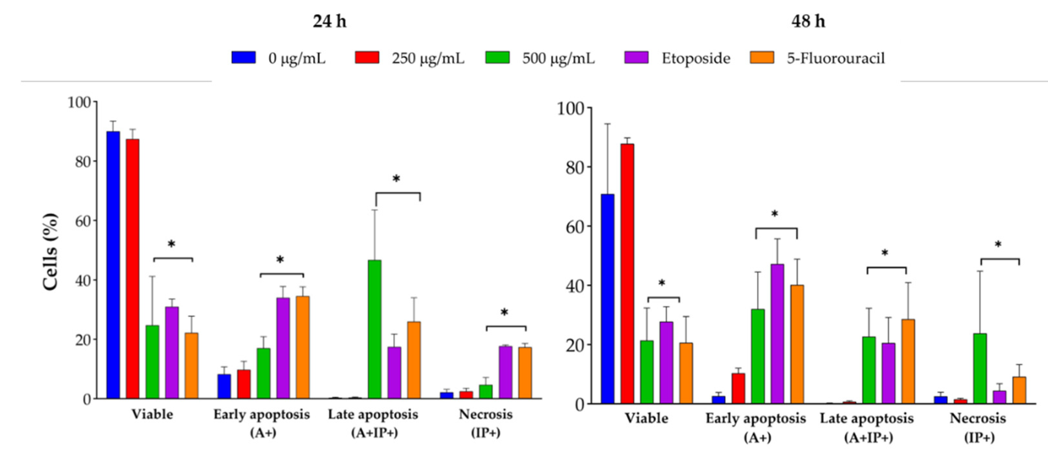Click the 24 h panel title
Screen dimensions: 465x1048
point(329,21)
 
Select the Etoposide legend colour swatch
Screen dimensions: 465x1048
point(636,57)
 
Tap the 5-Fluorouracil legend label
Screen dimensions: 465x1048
point(835,58)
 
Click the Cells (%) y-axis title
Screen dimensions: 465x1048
point(51,252)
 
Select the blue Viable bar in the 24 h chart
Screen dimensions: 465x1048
point(113,264)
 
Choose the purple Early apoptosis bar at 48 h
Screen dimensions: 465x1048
point(777,334)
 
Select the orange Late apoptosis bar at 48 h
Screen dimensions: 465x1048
point(908,361)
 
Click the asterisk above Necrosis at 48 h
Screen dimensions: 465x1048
point(998,244)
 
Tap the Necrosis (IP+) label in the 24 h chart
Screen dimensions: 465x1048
point(485,423)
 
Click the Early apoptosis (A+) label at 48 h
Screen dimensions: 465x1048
point(756,427)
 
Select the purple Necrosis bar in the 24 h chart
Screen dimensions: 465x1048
point(505,372)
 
